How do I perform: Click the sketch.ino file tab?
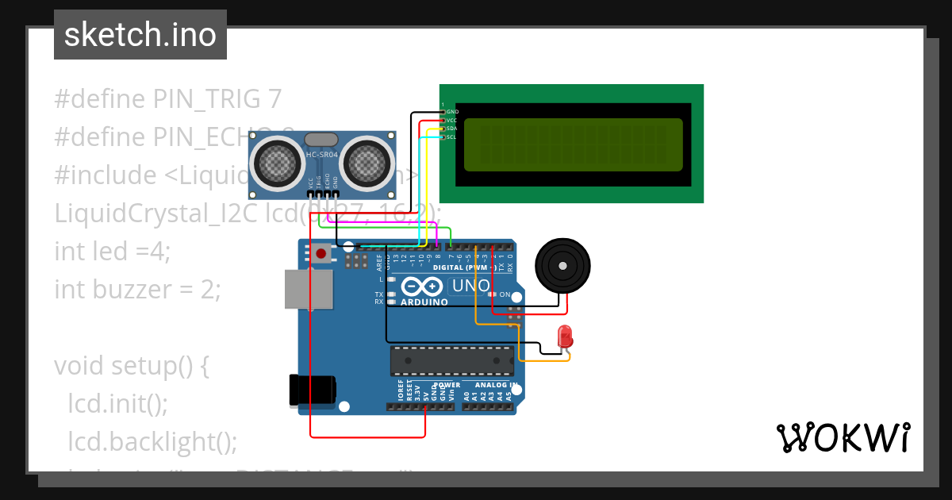140,35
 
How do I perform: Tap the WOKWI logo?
843,437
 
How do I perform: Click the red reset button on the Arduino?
321,255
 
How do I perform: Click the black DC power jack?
312,390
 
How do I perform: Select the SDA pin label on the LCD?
451,129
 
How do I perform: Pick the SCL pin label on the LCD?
451,137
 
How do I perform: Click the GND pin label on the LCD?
452,112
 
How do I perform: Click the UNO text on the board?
470,286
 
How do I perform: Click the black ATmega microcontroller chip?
452,360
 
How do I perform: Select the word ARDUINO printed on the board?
424,302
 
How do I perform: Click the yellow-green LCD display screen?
573,144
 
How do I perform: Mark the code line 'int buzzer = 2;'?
137,290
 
